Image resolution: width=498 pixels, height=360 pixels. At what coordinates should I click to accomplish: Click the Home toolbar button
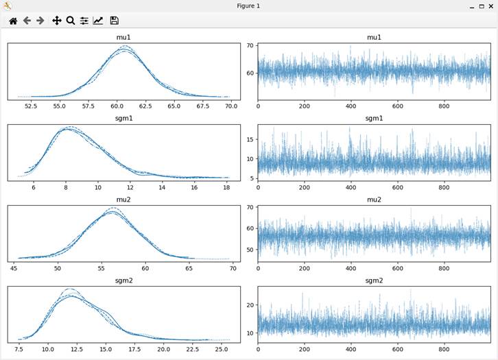12,21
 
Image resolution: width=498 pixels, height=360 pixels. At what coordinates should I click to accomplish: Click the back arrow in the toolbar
27,21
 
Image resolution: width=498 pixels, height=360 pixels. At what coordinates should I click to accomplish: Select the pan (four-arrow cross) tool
57,21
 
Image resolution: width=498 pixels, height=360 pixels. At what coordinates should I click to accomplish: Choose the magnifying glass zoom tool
70,21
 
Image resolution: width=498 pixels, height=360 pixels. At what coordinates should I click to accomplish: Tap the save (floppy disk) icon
114,21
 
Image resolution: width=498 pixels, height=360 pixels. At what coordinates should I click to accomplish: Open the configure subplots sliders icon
84,21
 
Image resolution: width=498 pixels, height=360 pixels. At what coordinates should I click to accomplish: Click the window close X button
490,5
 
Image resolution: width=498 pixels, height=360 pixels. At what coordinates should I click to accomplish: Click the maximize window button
481,5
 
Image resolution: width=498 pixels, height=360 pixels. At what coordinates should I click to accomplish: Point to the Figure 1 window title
248,5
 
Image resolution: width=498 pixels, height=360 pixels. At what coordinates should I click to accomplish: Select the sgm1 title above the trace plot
374,119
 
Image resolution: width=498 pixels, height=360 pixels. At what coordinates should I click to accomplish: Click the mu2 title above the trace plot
374,200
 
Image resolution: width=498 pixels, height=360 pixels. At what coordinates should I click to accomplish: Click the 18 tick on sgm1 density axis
226,187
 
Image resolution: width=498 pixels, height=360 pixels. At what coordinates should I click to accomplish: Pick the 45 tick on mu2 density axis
15,268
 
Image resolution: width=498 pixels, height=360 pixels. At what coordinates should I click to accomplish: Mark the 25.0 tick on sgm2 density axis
221,349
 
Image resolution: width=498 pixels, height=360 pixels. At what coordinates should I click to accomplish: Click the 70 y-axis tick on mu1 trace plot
251,46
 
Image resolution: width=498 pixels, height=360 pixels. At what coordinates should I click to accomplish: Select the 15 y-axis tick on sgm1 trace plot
251,139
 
